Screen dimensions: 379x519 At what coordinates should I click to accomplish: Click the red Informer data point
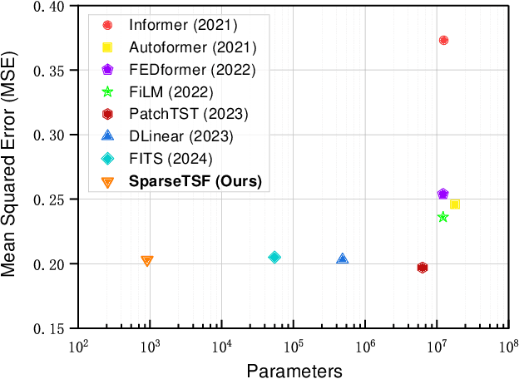point(443,40)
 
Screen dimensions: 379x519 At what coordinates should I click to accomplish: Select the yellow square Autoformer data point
point(455,204)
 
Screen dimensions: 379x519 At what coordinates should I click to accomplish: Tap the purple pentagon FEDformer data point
point(442,194)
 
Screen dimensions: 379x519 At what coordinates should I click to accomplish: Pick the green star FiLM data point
point(442,217)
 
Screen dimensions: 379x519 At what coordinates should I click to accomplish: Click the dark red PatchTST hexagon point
point(423,268)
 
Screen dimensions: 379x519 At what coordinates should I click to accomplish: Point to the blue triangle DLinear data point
point(342,259)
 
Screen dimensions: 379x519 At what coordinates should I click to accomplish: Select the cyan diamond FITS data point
point(274,258)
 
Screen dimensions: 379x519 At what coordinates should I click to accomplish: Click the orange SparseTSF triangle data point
point(147,261)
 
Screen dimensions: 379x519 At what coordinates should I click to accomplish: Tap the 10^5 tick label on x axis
point(293,346)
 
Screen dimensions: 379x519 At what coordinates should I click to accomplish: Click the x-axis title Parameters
point(293,368)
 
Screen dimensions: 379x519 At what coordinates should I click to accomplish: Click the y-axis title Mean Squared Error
point(12,166)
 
